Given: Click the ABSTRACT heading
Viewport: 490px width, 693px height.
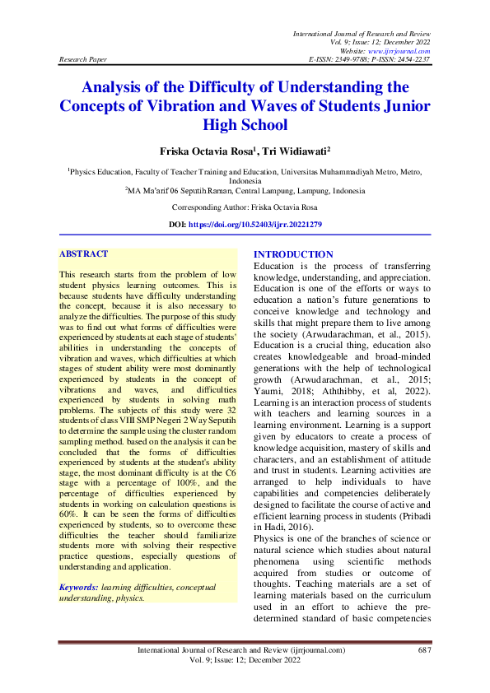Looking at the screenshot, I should tap(83, 255).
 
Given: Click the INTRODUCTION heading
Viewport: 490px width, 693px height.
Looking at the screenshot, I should tap(293, 255).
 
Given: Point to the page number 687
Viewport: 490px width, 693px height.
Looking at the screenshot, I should tap(424, 650).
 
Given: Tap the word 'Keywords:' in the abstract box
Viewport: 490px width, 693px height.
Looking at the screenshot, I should tap(79, 587).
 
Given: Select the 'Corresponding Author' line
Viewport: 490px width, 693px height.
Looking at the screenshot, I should tap(245, 209).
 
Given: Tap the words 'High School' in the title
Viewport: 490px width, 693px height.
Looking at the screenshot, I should tap(245, 124).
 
